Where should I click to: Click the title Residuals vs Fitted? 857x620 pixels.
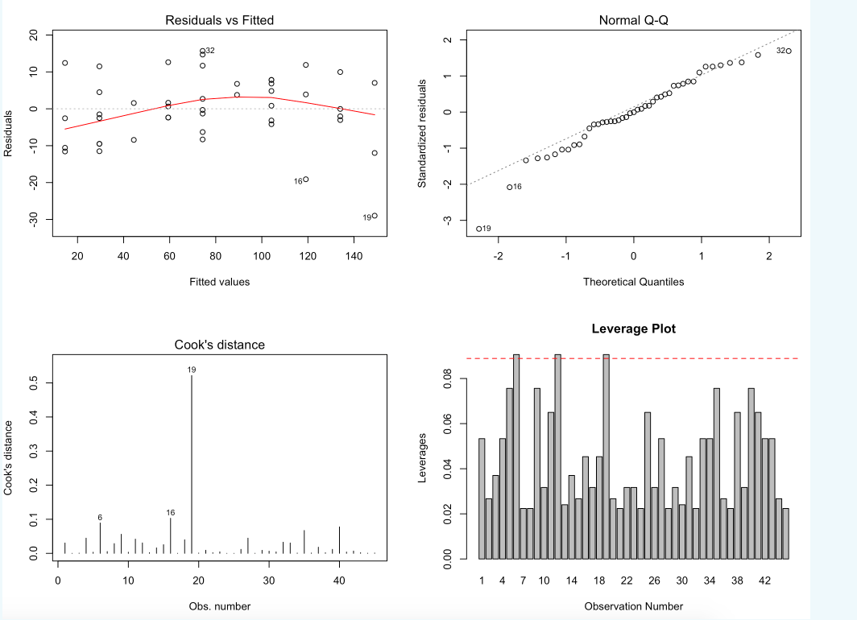coord(219,19)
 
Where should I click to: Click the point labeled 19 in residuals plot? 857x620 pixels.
coord(375,216)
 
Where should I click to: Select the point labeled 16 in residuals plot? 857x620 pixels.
coord(305,180)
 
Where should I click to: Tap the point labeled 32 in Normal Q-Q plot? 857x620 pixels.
coord(789,52)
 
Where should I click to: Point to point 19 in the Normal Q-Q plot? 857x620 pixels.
coord(478,229)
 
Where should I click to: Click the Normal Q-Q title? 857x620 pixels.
coord(633,19)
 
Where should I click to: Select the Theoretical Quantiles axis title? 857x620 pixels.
coord(633,282)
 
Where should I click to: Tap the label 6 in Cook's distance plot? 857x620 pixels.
coord(100,517)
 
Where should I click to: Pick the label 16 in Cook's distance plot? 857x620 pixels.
coord(170,512)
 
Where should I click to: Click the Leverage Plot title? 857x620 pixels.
coord(633,329)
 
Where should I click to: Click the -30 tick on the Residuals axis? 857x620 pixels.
coord(33,220)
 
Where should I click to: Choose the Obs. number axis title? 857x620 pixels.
coord(219,606)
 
